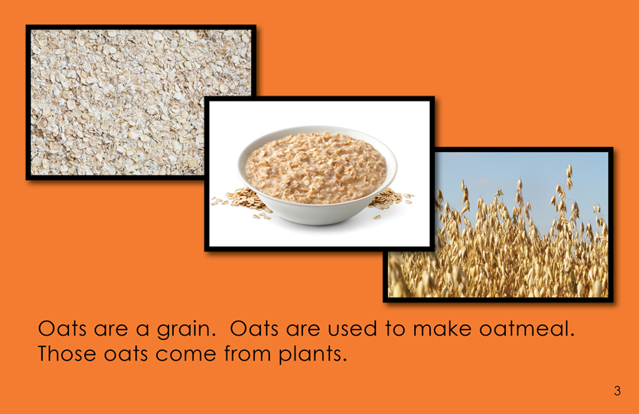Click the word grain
(186, 330)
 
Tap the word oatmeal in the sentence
(526, 329)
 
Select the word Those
(67, 353)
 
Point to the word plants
(313, 355)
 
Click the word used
(353, 329)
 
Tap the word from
(247, 353)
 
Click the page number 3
(617, 391)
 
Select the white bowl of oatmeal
(317, 175)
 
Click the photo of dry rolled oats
(118, 102)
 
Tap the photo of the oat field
(498, 224)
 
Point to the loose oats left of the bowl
(241, 202)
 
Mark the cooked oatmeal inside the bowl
(316, 167)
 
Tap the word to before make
(395, 329)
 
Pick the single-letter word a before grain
(142, 330)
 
